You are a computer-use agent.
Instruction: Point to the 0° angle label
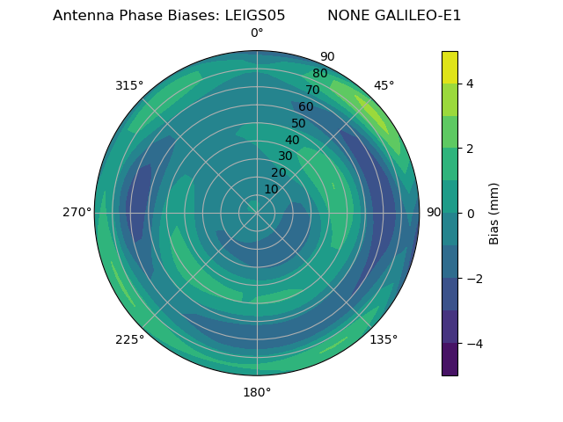[257, 33]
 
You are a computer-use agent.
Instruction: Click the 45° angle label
[384, 85]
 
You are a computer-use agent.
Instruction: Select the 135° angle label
[384, 339]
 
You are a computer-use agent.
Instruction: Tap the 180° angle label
[257, 392]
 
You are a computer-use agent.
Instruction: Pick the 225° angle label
[129, 339]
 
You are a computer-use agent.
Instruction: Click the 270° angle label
[77, 212]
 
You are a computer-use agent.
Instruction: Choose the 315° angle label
[129, 85]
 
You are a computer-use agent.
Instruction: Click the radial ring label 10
[271, 189]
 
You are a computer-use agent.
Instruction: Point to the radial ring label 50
[298, 123]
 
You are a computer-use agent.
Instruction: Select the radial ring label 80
[319, 74]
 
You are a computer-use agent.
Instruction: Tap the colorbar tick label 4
[470, 84]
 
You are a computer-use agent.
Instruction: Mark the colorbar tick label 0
[470, 213]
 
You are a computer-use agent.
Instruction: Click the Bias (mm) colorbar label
[494, 213]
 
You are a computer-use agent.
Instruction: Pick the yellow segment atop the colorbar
[450, 67]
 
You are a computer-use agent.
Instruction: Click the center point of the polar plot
[257, 213]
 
